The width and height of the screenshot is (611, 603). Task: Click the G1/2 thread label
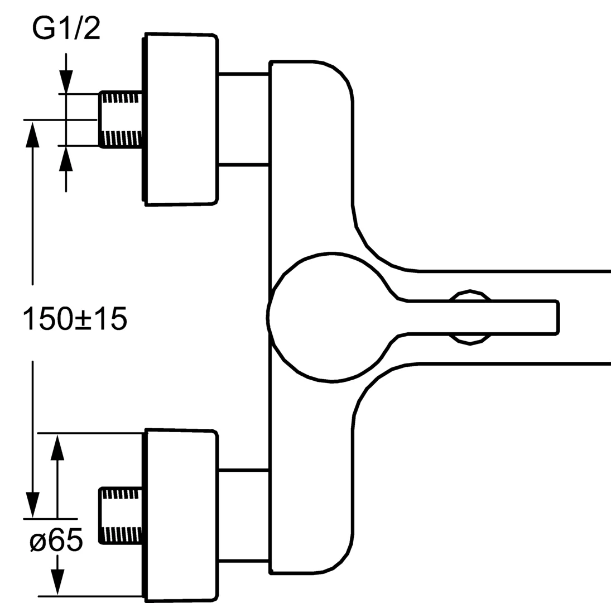[66, 28]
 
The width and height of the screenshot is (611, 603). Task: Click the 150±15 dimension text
[75, 318]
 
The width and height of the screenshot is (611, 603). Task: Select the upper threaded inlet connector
[121, 119]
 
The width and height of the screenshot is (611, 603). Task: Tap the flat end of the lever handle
[557, 317]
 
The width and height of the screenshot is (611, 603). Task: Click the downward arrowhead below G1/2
[66, 82]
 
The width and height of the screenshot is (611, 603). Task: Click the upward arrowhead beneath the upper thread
[66, 158]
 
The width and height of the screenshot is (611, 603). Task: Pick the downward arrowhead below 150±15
[32, 505]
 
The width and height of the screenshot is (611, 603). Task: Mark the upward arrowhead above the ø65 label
[57, 447]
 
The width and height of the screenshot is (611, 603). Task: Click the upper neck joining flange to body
[244, 119]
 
